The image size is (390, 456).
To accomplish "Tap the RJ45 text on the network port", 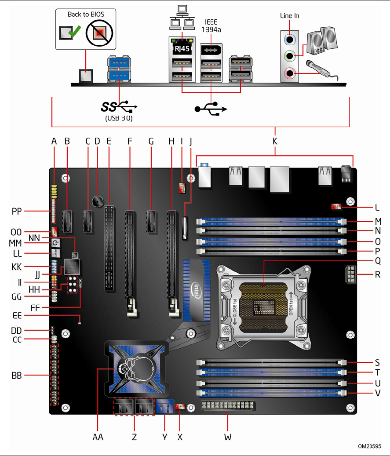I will tap(182, 48).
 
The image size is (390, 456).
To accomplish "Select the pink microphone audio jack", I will tap(289, 73).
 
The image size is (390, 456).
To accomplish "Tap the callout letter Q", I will tap(378, 261).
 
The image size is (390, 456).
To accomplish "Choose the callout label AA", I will tap(98, 437).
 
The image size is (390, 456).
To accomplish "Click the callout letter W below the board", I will tap(227, 437).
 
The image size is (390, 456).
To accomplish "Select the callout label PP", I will tap(18, 211).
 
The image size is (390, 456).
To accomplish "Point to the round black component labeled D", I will tap(98, 201).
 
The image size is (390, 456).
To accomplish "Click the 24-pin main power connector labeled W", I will tap(227, 407).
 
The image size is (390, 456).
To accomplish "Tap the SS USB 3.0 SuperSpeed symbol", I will tap(119, 106).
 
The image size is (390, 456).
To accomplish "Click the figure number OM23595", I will tap(369, 446).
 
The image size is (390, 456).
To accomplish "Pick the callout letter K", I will tap(275, 142).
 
